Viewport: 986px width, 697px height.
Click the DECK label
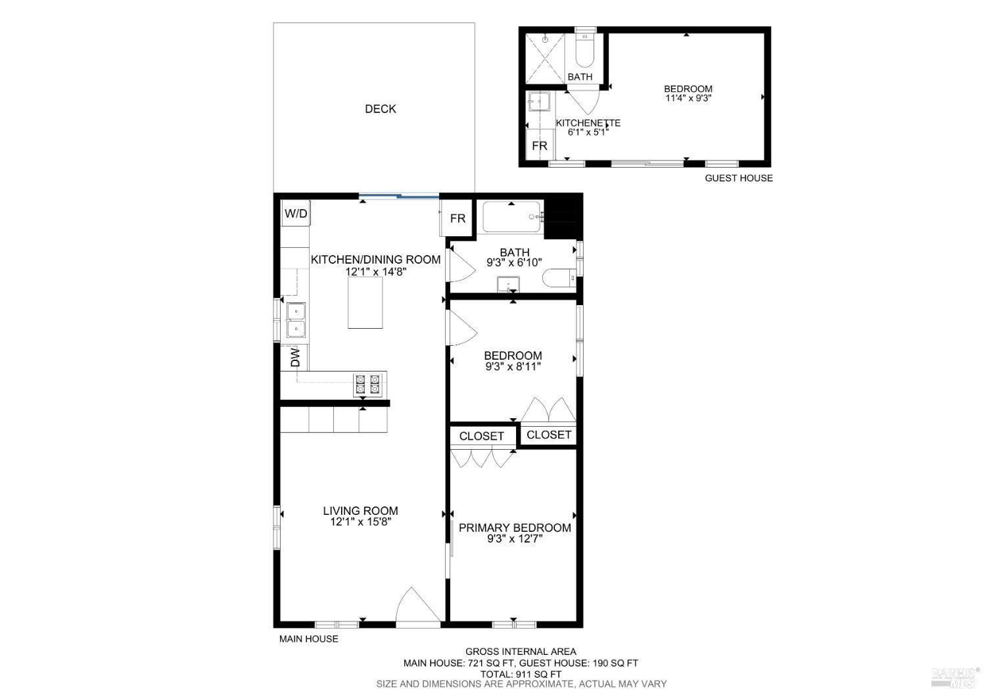[380, 109]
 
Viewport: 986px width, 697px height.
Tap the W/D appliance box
[296, 214]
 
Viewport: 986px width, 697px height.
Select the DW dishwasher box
[295, 358]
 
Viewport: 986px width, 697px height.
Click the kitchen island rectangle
[365, 302]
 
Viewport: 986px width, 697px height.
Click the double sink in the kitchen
[296, 320]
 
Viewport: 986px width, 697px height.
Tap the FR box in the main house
[458, 218]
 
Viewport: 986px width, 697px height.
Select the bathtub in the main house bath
[512, 216]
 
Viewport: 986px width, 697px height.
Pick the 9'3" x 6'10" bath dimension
[514, 262]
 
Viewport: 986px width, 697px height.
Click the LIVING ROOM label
[360, 511]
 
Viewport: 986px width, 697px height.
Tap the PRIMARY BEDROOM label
[515, 528]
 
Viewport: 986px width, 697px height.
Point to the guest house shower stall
[545, 58]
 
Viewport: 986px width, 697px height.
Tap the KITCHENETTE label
[588, 123]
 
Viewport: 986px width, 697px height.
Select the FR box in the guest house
[540, 146]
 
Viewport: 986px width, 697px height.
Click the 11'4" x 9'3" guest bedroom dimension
[688, 99]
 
